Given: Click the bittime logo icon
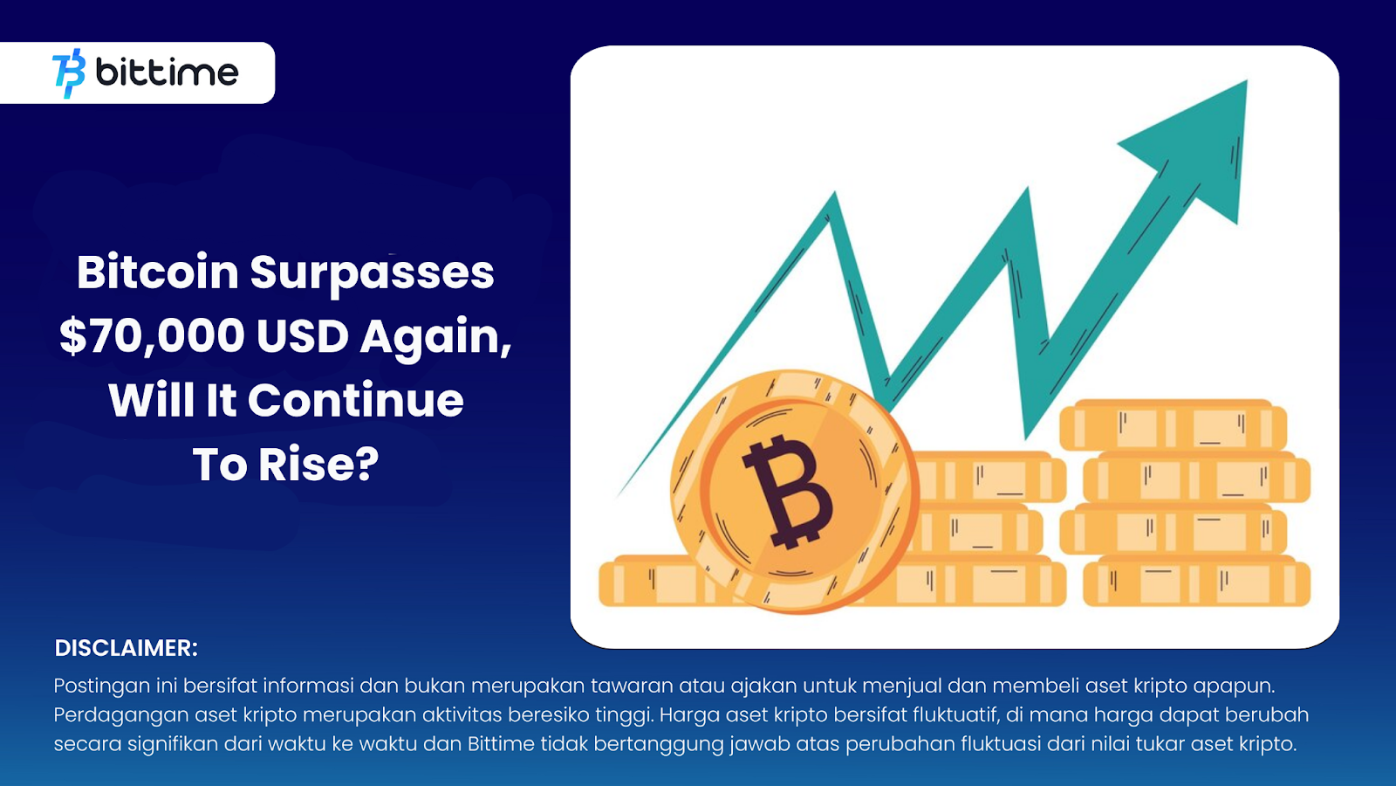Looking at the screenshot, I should pyautogui.click(x=70, y=72).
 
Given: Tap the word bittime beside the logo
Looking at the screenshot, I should pyautogui.click(x=167, y=72).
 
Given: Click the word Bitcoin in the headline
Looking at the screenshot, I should pyautogui.click(x=157, y=272).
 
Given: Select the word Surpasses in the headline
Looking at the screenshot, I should pyautogui.click(x=373, y=273).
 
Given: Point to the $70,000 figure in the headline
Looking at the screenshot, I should pyautogui.click(x=152, y=336).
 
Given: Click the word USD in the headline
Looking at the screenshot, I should pyautogui.click(x=303, y=336).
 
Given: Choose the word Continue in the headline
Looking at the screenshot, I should pyautogui.click(x=356, y=401).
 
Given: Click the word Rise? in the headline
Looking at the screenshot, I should pyautogui.click(x=318, y=465).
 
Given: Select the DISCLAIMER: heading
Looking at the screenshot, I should pyautogui.click(x=127, y=648).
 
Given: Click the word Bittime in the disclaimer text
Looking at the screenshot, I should pyautogui.click(x=501, y=744).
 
